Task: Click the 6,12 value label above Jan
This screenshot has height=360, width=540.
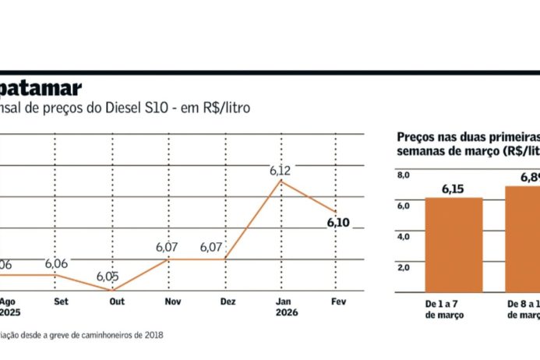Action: [x=280, y=170]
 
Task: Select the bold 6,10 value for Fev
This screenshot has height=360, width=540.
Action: [x=338, y=223]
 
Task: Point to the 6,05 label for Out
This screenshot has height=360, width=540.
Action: [x=108, y=277]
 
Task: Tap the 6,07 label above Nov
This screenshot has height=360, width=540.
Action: [x=167, y=247]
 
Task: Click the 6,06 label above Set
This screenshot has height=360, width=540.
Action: [x=56, y=263]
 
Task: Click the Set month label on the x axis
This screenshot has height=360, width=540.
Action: [x=59, y=301]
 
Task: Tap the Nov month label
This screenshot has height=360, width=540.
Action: [x=174, y=301]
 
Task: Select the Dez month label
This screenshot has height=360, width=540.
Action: [x=228, y=301]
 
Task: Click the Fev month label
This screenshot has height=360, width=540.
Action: [x=338, y=301]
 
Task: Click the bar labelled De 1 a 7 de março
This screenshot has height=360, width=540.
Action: [x=454, y=245]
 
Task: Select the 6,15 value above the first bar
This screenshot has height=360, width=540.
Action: [x=454, y=189]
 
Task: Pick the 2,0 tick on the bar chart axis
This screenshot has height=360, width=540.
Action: [x=404, y=266]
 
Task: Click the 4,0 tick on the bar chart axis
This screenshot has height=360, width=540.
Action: [x=404, y=236]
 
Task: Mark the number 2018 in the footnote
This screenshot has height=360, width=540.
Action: [x=154, y=335]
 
